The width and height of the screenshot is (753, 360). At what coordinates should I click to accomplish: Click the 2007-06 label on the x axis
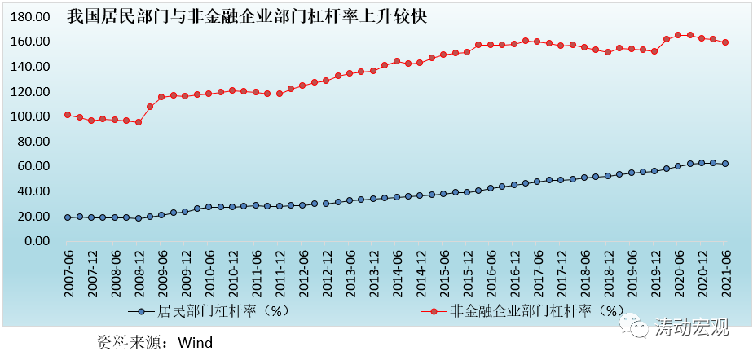(x=68, y=274)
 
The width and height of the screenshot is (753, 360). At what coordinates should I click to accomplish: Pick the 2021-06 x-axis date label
(x=726, y=274)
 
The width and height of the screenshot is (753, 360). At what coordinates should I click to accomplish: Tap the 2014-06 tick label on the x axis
(x=397, y=274)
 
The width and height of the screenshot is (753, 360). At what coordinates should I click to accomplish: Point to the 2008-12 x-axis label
(x=139, y=274)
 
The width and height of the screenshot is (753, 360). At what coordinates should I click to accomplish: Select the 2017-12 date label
(x=561, y=274)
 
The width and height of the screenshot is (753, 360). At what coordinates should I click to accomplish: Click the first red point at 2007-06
(x=68, y=115)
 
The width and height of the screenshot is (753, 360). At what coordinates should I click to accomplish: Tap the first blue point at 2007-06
(x=68, y=217)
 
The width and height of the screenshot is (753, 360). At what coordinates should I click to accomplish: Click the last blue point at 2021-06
(x=725, y=164)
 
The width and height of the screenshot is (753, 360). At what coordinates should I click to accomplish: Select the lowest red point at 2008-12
(x=139, y=122)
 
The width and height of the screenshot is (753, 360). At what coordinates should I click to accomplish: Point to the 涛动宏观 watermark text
(x=692, y=327)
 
